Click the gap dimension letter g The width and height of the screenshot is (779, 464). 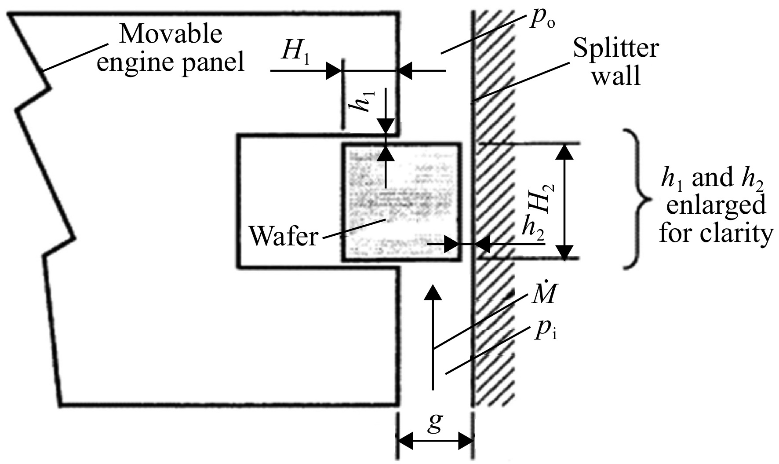tap(434, 425)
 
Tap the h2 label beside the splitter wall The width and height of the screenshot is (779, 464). tap(533, 229)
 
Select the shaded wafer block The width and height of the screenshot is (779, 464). tap(402, 202)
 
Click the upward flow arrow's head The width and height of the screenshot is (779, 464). tap(434, 292)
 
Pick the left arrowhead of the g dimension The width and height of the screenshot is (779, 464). tap(406, 441)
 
